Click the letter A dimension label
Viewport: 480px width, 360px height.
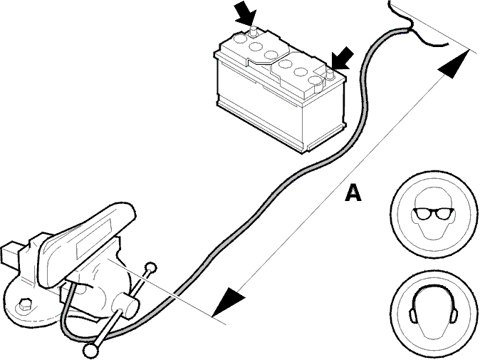[353, 192]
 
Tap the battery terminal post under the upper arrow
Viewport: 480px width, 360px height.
[254, 32]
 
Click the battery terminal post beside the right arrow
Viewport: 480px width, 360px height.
[330, 74]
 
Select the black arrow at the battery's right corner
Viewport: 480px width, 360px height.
[342, 59]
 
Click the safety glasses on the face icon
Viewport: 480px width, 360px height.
[433, 213]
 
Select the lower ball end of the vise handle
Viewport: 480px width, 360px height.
[90, 349]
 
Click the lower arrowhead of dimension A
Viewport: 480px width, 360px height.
[229, 302]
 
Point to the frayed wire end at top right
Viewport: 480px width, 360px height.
[418, 26]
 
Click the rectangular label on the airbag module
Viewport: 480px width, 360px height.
[94, 237]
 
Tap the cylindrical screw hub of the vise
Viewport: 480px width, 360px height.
[125, 304]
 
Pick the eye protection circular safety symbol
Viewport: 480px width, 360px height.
[434, 214]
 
